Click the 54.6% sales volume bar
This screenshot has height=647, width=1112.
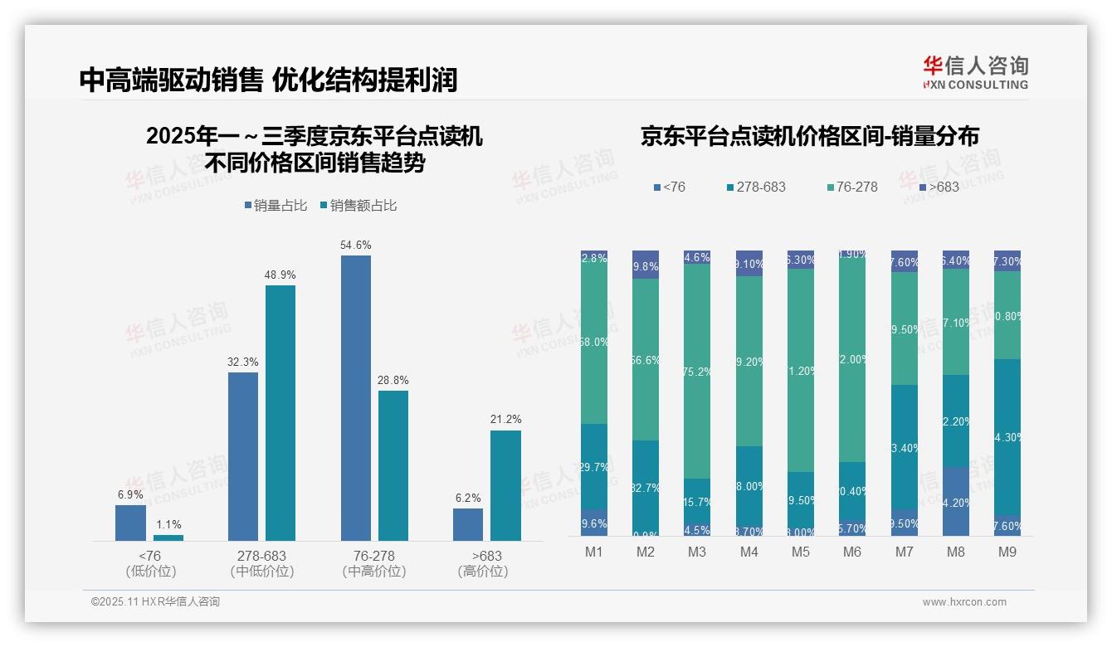(x=355, y=398)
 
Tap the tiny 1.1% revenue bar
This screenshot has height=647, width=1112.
(x=168, y=538)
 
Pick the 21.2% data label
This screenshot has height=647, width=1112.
(x=505, y=420)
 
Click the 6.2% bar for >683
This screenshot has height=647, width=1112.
(x=468, y=524)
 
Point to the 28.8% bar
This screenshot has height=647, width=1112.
(x=393, y=465)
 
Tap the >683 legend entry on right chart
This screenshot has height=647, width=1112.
(x=938, y=187)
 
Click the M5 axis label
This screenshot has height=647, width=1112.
(x=800, y=552)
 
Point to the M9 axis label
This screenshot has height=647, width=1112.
(x=1007, y=552)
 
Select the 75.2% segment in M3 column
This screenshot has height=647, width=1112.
(x=697, y=371)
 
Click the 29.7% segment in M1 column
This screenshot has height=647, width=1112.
(x=594, y=466)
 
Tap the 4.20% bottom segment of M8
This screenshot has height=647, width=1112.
(x=956, y=501)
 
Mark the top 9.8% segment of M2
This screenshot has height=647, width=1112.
(x=646, y=265)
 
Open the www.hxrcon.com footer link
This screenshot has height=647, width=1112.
(x=964, y=602)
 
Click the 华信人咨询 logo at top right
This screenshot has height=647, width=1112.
(x=975, y=73)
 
